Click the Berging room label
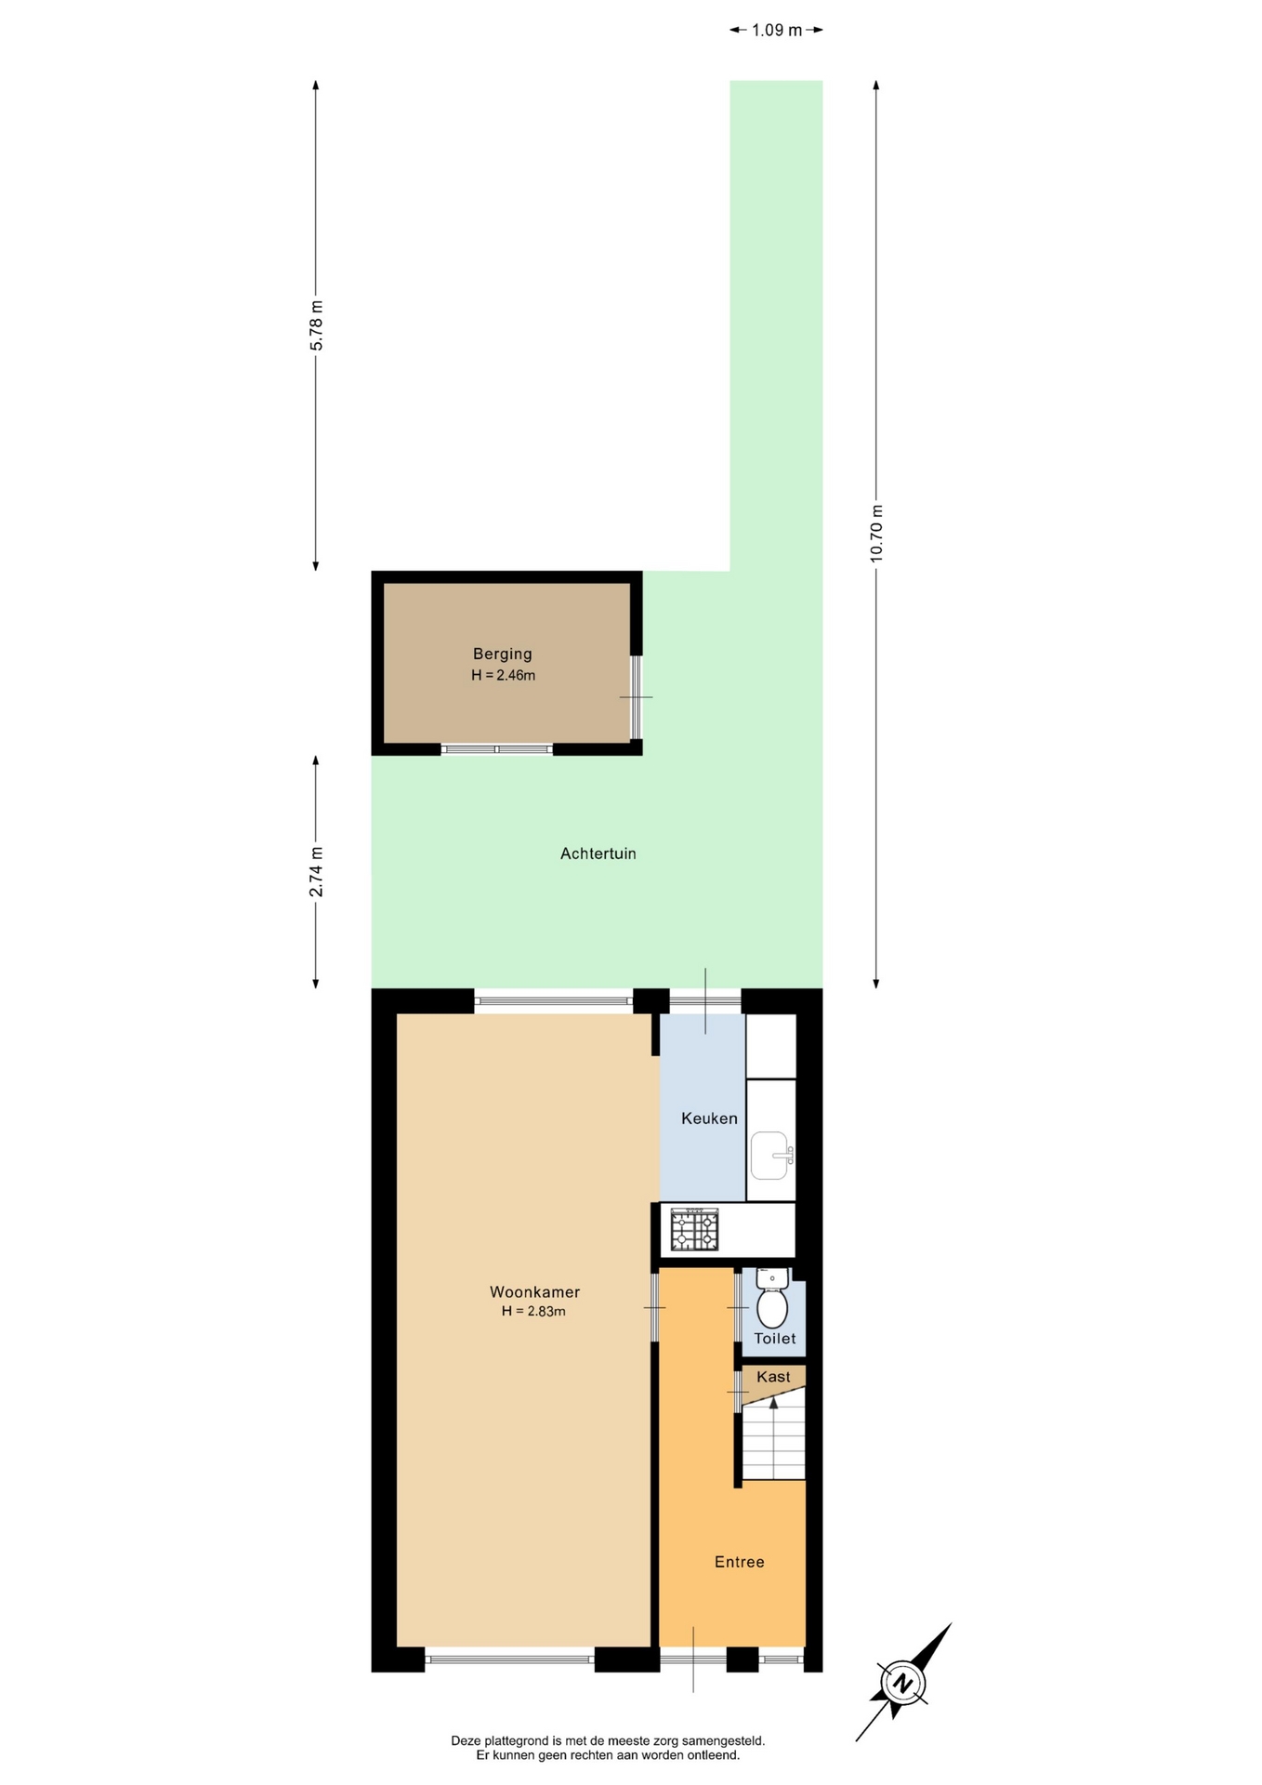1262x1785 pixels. (x=502, y=654)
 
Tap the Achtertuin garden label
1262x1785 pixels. (x=598, y=853)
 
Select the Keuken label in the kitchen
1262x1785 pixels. (x=709, y=1118)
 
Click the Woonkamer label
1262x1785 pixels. (x=534, y=1291)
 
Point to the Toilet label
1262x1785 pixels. (x=774, y=1339)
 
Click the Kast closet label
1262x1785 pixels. (x=773, y=1377)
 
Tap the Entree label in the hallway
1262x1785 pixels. (x=739, y=1562)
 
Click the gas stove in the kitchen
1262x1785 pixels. (x=694, y=1229)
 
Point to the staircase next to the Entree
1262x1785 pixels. (x=773, y=1436)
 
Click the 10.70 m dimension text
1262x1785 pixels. (x=876, y=534)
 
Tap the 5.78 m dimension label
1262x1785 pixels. (x=316, y=325)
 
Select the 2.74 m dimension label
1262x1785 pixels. (x=316, y=872)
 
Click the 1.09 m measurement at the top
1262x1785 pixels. (x=777, y=30)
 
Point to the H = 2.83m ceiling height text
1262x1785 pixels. (x=533, y=1312)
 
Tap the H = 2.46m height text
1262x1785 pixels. (x=503, y=675)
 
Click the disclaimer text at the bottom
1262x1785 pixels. (x=608, y=1748)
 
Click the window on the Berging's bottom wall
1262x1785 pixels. (x=497, y=749)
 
